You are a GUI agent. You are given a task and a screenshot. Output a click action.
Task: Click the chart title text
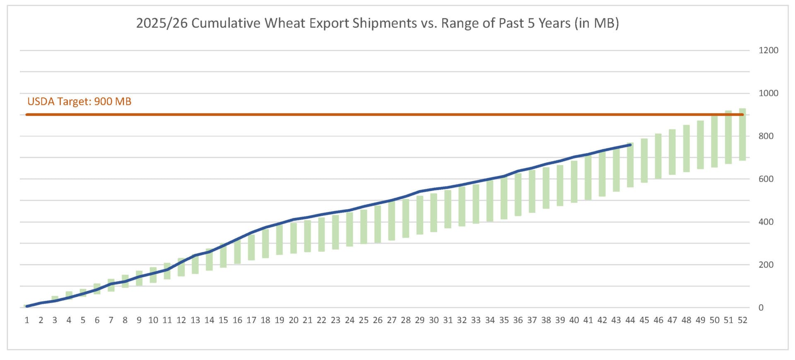377,23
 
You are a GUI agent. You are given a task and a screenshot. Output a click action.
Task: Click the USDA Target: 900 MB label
79,101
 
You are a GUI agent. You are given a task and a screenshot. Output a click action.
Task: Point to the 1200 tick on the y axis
768,50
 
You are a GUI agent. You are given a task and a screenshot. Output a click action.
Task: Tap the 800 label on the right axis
766,136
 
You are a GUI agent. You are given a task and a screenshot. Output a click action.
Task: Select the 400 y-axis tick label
766,222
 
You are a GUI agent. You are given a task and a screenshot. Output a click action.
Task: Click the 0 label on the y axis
761,307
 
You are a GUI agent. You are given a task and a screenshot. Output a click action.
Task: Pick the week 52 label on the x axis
742,320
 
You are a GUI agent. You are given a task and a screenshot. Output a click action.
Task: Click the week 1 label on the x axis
27,320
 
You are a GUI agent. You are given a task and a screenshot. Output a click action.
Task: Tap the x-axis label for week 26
378,320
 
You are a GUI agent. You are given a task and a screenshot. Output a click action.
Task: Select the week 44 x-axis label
630,320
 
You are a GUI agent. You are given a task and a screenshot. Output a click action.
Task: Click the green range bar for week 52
742,135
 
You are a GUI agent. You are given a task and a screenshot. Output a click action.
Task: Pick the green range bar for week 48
686,148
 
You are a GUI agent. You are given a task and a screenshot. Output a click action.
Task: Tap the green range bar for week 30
434,213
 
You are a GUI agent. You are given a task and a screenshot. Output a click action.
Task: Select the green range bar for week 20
294,238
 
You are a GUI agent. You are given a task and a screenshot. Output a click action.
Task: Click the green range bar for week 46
658,156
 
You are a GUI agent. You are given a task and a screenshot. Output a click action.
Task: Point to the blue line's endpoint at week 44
630,145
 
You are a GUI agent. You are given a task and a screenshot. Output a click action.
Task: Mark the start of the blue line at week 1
27,306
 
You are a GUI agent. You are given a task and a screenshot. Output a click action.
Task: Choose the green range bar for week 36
518,195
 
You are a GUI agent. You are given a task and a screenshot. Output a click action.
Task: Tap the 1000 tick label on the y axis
768,93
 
